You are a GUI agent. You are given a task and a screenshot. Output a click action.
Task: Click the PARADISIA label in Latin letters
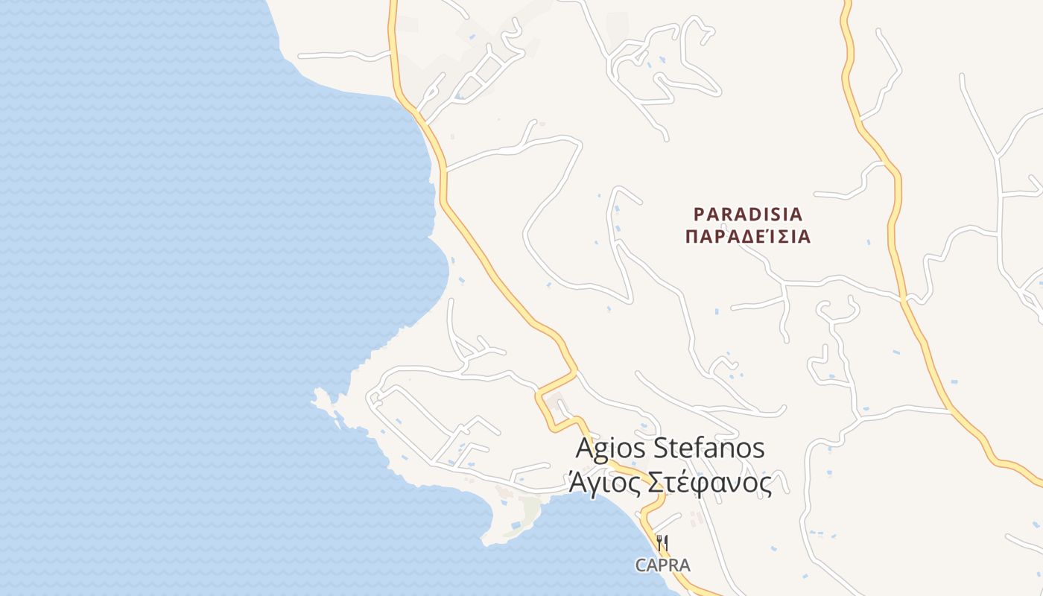coord(748,215)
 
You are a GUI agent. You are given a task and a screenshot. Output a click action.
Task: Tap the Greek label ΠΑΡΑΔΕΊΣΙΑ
coord(748,238)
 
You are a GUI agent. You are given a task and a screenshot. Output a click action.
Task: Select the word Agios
coord(611,449)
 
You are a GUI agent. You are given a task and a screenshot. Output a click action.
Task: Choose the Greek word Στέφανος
coord(707,484)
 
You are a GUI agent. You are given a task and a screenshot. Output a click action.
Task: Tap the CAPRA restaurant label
coord(662,565)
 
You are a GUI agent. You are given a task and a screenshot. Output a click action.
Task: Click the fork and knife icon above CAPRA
coord(662,542)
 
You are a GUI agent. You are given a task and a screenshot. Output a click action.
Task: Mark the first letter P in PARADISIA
coord(699,215)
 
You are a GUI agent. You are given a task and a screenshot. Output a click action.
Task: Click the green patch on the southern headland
coord(530,510)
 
